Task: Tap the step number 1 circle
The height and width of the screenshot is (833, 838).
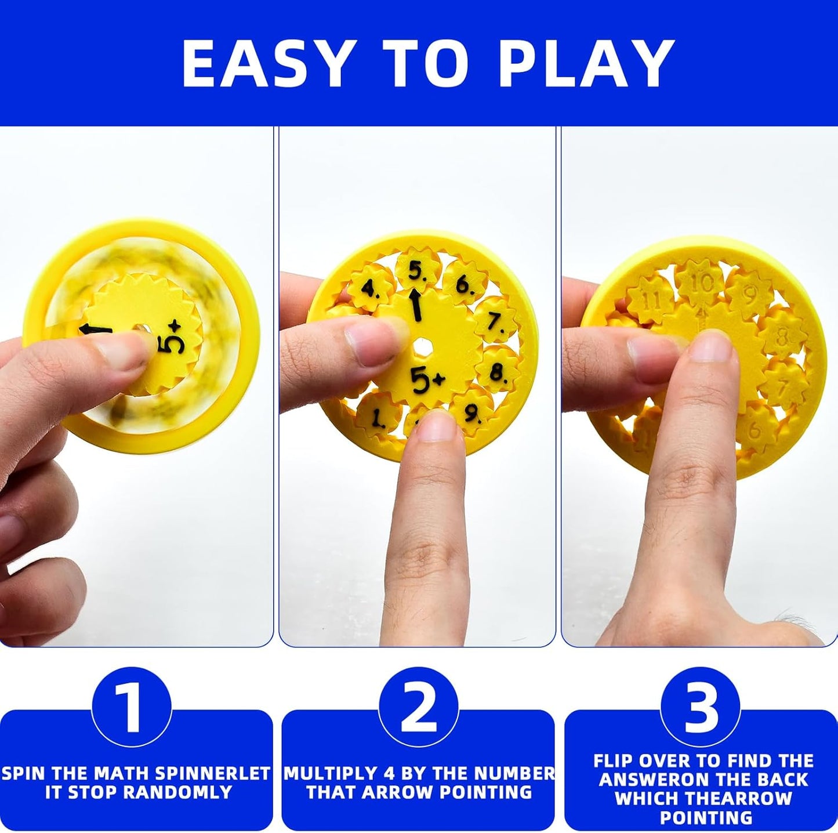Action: point(131,708)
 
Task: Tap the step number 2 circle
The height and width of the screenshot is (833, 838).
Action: point(418,708)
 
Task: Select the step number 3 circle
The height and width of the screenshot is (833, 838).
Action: point(701,708)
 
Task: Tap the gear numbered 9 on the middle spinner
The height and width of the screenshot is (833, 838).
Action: point(472,412)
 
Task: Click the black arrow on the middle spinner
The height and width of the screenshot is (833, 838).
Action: point(416,306)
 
